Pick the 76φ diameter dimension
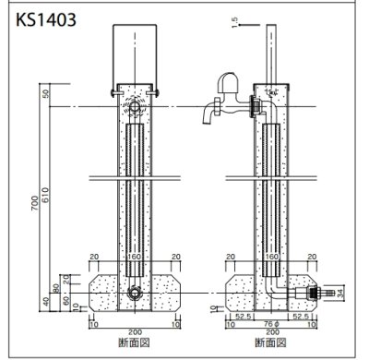pyautogui.click(x=271, y=324)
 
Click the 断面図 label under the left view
pyautogui.click(x=137, y=345)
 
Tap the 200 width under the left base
pyautogui.click(x=137, y=333)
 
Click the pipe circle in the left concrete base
pyautogui.click(x=137, y=295)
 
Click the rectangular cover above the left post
pyautogui.click(x=137, y=54)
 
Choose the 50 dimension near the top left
pyautogui.click(x=46, y=95)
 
